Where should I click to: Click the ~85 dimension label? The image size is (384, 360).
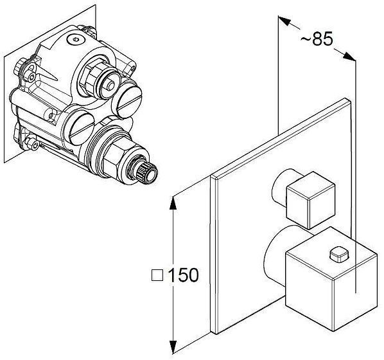point(317,39)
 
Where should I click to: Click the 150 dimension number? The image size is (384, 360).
point(183,275)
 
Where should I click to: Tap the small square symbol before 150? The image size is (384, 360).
point(157,275)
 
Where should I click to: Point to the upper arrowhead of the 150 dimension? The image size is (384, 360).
point(173,203)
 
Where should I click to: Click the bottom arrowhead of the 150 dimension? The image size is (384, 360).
point(173,346)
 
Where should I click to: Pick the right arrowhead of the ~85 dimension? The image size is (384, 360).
point(349,56)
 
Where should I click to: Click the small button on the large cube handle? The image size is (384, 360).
point(339,254)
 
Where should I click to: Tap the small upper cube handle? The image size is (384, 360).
point(311,200)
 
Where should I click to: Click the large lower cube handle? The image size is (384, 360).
point(331,278)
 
